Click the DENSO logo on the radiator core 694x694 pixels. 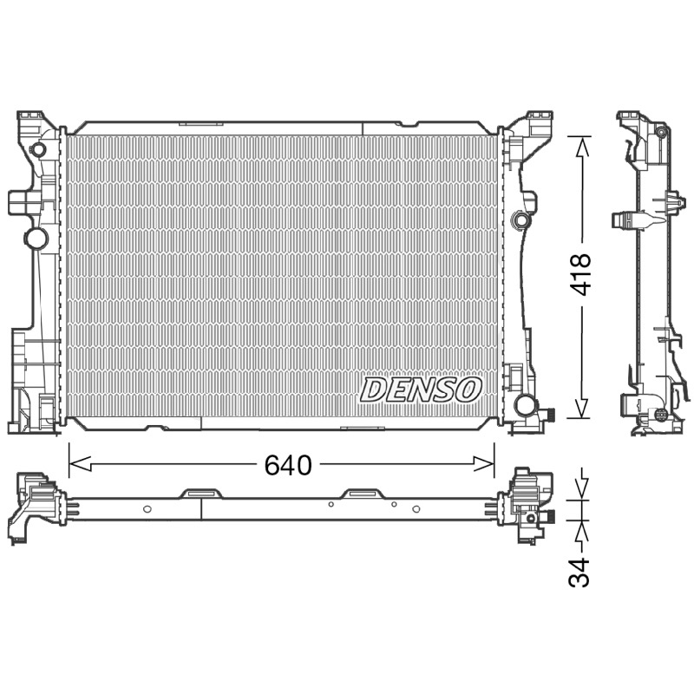(420, 390)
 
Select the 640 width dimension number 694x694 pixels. (288, 465)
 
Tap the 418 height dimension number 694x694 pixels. (579, 274)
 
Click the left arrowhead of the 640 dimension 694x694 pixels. (80, 464)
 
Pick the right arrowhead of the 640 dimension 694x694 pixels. (483, 464)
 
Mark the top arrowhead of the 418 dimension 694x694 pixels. (582, 147)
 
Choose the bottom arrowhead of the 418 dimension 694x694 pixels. (582, 407)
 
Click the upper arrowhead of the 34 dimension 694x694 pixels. (582, 489)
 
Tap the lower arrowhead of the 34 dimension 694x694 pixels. (582, 530)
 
